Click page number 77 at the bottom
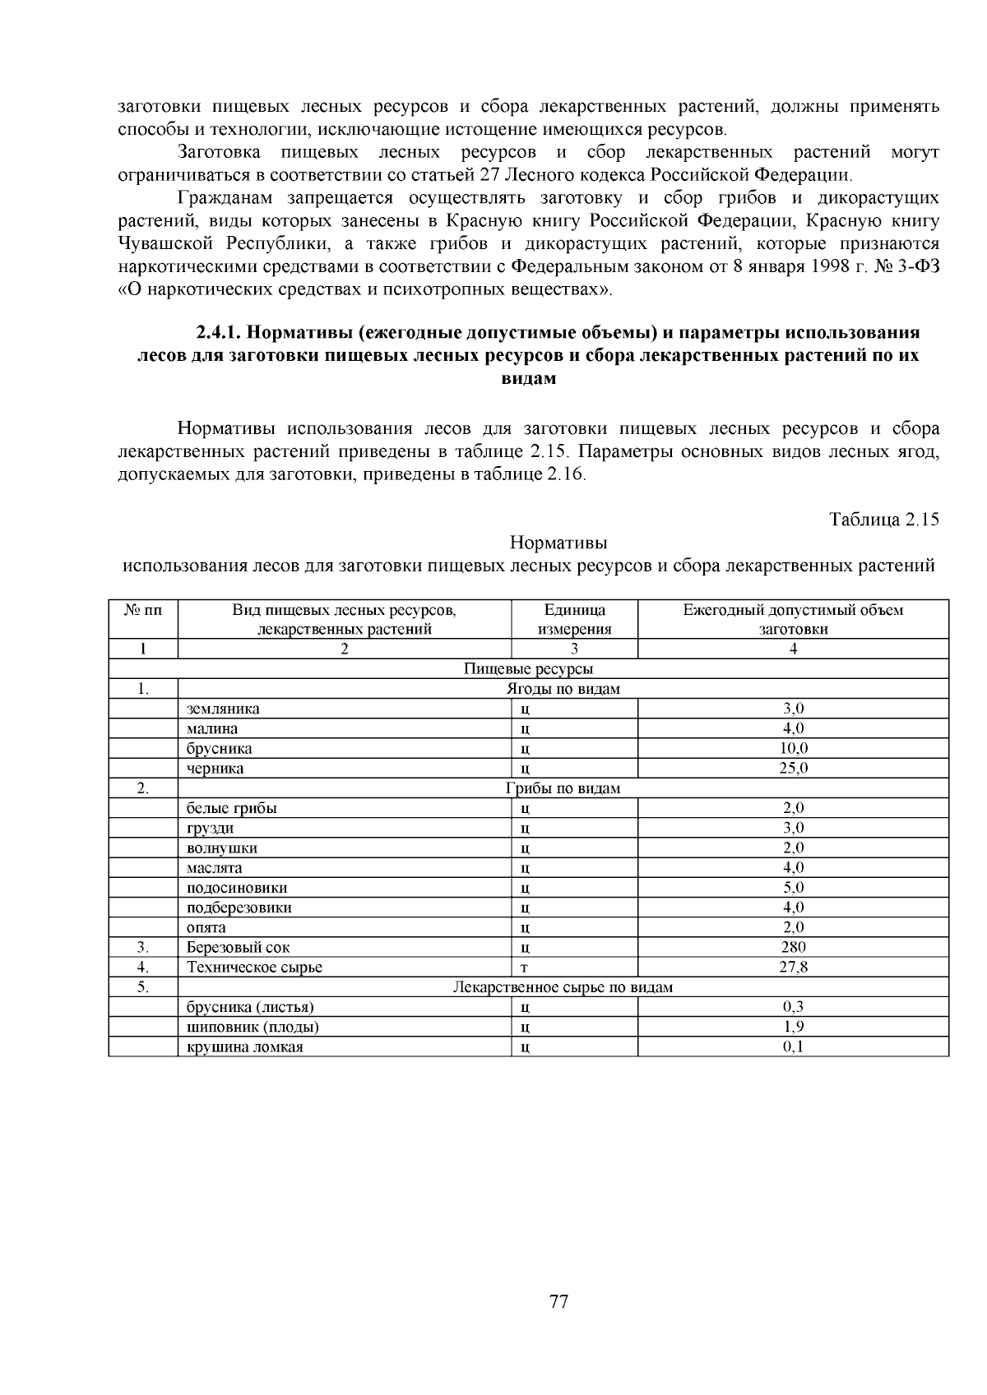pos(558,1301)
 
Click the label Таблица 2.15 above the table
pos(884,520)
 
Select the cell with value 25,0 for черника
pos(794,769)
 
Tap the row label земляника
pos(223,709)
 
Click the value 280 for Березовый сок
pos(794,947)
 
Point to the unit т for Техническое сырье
pos(524,968)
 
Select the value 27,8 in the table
pos(794,968)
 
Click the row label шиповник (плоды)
pos(253,1027)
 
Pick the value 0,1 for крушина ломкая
pos(794,1046)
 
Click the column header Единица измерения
pos(574,619)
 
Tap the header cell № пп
pos(143,610)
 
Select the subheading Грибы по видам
pos(563,788)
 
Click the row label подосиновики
pos(237,888)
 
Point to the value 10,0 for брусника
pos(794,748)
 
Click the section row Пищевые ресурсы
pos(528,669)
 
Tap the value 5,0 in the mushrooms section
pos(794,888)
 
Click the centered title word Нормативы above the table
pos(558,543)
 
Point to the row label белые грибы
pos(232,808)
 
